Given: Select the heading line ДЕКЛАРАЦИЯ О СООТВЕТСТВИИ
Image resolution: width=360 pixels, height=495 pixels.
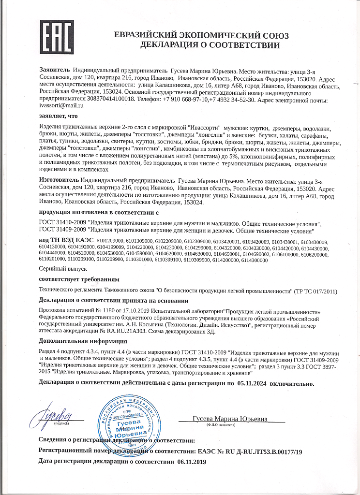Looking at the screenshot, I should (210, 45).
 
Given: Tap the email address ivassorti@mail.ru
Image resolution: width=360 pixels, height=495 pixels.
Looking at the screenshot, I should (61, 104).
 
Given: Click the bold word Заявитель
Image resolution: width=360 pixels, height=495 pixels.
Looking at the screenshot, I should (55, 71).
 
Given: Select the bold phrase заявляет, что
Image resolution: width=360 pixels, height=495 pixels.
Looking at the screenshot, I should (58, 116).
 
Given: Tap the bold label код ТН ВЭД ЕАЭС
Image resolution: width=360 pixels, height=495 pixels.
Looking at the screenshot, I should (66, 241).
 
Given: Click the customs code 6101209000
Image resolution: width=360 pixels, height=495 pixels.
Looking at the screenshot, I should (110, 241).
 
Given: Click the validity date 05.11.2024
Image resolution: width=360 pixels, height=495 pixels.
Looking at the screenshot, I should (256, 383).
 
